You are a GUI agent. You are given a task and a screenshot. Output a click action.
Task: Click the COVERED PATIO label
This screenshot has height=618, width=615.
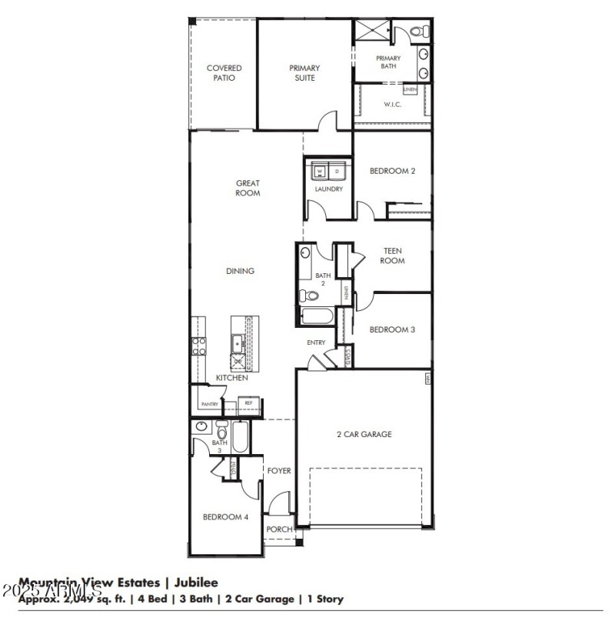pyautogui.click(x=224, y=73)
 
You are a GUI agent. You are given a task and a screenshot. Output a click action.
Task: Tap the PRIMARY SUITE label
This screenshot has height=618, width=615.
pyautogui.click(x=304, y=73)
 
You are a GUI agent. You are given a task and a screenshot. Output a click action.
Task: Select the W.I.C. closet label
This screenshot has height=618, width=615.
pyautogui.click(x=392, y=105)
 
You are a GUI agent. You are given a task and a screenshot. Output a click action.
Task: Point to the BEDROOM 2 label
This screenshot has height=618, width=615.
pyautogui.click(x=392, y=171)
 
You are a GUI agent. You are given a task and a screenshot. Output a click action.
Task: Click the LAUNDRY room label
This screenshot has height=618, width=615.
pyautogui.click(x=328, y=189)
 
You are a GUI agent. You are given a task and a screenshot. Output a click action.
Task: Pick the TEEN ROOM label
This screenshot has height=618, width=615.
pyautogui.click(x=392, y=256)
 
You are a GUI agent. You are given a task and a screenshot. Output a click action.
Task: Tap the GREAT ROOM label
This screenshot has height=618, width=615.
pyautogui.click(x=248, y=188)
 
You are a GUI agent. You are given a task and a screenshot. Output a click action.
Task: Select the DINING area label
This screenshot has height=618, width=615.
pyautogui.click(x=240, y=271)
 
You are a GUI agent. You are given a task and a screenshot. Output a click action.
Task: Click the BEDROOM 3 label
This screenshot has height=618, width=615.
pyautogui.click(x=392, y=329)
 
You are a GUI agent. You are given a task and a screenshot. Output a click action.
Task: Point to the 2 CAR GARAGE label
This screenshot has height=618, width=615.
pyautogui.click(x=364, y=434)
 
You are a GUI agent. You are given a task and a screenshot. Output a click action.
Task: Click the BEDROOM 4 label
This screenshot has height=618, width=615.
pyautogui.click(x=225, y=517)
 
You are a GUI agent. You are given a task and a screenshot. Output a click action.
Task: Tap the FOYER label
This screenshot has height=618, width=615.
pyautogui.click(x=279, y=470)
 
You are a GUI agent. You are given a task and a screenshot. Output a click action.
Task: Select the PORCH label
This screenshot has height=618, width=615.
pyautogui.click(x=279, y=529)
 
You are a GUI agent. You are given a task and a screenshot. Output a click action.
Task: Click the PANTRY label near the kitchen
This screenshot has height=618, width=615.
pyautogui.click(x=209, y=404)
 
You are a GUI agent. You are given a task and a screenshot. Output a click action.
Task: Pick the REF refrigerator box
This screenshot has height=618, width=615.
pyautogui.click(x=248, y=403)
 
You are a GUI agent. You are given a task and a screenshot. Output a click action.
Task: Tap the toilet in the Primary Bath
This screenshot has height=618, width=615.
pyautogui.click(x=417, y=32)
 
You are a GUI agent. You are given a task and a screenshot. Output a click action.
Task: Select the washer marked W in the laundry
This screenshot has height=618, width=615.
pyautogui.click(x=320, y=171)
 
